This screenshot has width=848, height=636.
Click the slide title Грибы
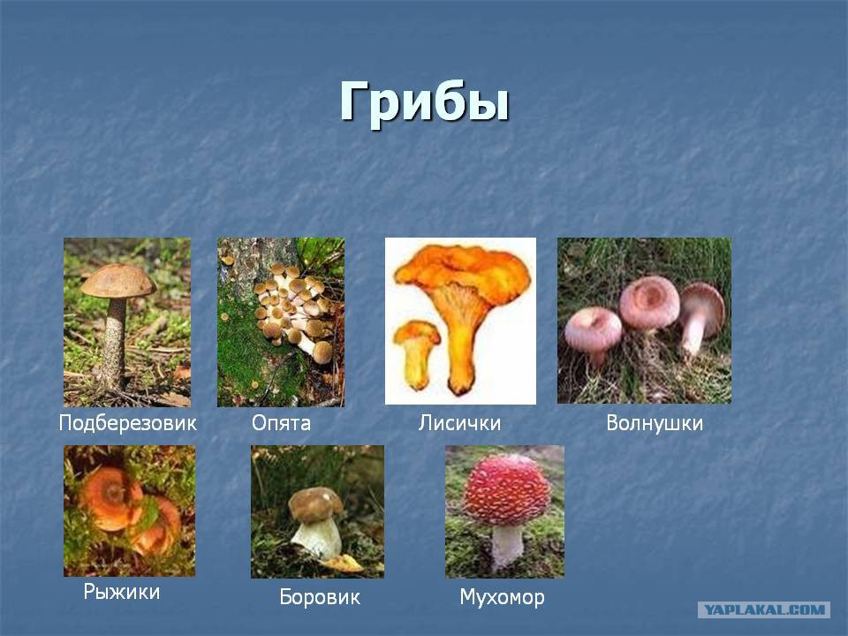click(x=425, y=102)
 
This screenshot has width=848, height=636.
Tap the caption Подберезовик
click(x=127, y=423)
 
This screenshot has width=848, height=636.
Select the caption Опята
click(x=281, y=423)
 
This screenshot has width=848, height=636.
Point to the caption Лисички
click(x=459, y=423)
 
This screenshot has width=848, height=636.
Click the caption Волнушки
click(x=655, y=423)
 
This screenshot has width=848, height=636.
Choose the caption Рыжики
click(x=122, y=592)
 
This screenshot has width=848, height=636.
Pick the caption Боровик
click(x=320, y=597)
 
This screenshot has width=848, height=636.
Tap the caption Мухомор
click(x=502, y=597)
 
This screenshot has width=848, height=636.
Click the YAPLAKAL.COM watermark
click(x=764, y=610)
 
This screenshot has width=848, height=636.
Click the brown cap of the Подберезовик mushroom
click(x=117, y=280)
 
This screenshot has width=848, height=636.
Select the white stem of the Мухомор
click(x=507, y=545)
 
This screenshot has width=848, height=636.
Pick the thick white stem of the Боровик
click(x=317, y=538)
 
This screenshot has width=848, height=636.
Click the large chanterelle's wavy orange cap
click(x=462, y=271)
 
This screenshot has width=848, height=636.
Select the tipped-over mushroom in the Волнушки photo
click(x=700, y=316)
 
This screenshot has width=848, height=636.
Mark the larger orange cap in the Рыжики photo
click(x=112, y=498)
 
